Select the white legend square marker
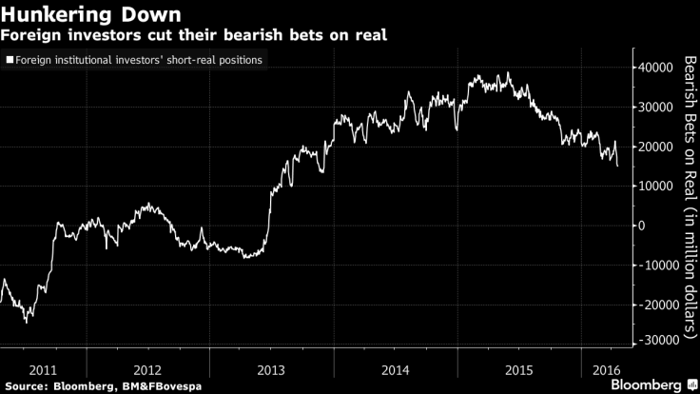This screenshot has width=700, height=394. click(x=10, y=60)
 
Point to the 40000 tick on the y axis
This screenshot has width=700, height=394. click(x=651, y=68)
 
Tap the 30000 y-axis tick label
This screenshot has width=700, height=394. click(x=651, y=107)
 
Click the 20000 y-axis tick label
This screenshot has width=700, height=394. click(x=651, y=147)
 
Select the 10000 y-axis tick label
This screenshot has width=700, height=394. click(x=651, y=186)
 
